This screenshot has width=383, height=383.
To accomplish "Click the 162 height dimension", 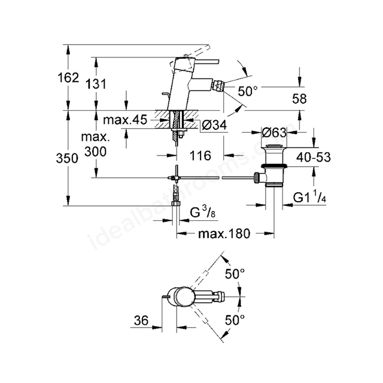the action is pos(68,78).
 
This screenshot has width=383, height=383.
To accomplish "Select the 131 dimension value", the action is pos(96,84).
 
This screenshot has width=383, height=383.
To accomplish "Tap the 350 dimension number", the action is pos(67,158).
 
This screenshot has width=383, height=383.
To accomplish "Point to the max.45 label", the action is pos(125,120).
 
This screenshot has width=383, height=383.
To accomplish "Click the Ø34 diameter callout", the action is pos(215,125).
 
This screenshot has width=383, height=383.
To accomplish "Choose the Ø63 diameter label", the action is pos(274,132).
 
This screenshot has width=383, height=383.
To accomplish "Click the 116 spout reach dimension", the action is pos(200,156).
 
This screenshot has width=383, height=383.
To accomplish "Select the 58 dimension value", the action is pos(299,99).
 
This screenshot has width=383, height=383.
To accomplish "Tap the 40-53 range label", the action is pos(314,157).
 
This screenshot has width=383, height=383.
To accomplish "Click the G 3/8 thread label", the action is pos(203,212).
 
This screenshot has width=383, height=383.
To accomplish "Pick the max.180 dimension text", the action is pos(224,234).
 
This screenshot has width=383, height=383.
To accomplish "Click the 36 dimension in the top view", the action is pos(141,320).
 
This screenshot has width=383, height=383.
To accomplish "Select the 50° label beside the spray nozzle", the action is pos(248,92).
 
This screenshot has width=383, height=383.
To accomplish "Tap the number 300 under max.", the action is pos(96,151).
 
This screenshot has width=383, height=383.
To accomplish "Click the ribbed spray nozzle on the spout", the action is pos(218,85).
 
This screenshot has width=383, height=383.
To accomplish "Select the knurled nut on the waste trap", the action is pos(257,178).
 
